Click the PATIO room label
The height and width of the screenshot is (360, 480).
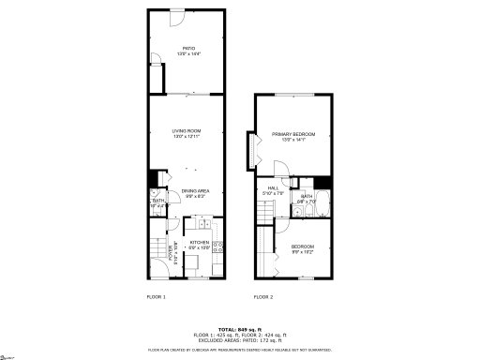point(187,48)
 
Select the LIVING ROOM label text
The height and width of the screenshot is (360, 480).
point(187,130)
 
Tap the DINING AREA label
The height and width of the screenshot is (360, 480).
point(194,191)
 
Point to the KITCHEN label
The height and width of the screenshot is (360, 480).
point(199,243)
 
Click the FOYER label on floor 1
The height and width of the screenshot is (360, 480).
point(171,251)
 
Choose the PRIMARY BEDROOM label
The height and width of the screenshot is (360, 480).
point(293,135)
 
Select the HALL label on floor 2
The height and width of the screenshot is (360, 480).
point(273,187)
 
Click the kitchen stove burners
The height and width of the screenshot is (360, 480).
point(217,247)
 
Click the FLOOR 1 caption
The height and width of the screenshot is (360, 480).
point(156,297)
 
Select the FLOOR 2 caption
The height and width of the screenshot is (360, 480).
point(263,297)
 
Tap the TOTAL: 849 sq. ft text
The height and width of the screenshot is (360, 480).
point(240,329)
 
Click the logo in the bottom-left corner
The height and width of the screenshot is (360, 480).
point(9,354)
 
